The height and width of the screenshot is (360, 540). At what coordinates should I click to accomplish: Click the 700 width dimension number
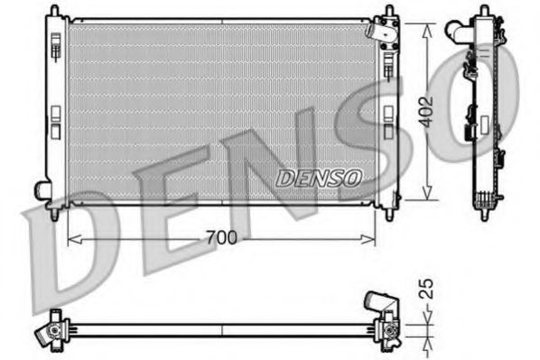point(221,238)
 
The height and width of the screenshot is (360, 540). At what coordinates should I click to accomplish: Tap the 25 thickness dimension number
point(429,290)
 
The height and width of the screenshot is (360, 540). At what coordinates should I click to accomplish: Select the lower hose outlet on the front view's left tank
point(42,189)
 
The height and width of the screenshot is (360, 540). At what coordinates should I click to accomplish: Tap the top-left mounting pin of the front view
point(55,12)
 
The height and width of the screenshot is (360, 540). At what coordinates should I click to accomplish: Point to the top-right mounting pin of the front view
point(388,12)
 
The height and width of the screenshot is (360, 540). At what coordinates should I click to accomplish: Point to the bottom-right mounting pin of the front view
point(388,214)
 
